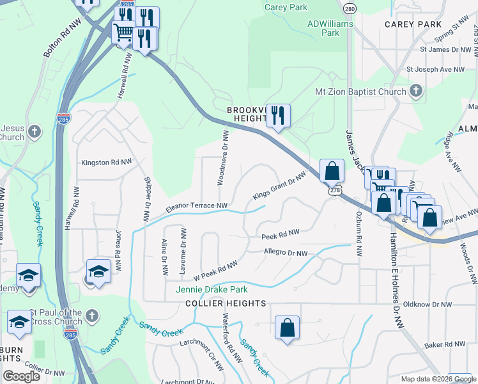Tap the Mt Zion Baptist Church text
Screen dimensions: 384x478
(360, 92)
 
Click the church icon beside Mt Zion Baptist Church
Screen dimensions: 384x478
(416, 90)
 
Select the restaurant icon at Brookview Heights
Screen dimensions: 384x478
(277, 116)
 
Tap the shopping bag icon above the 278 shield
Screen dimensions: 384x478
(332, 170)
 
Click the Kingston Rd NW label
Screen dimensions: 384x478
(107, 163)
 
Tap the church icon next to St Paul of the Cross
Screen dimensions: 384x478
(92, 316)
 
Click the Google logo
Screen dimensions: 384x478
(22, 376)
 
